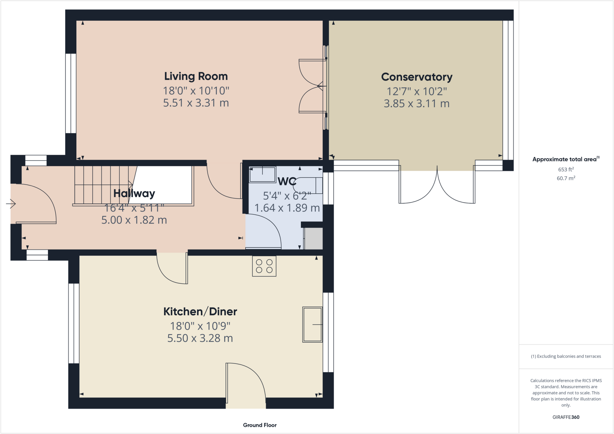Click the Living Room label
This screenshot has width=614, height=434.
point(196,76)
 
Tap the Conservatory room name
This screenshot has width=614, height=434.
point(416,77)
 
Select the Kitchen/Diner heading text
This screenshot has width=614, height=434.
point(200,312)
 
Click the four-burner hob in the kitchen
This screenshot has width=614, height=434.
point(264,266)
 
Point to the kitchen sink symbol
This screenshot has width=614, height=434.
point(312,324)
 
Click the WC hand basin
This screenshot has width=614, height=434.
point(262,174)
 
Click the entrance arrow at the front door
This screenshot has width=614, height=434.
point(11,204)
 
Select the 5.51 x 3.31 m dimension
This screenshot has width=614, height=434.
point(196,103)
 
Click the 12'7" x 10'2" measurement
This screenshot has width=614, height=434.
point(416,91)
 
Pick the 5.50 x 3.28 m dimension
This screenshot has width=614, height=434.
point(200,338)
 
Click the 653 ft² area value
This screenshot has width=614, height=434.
point(566,170)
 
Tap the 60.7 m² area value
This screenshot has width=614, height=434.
point(566,178)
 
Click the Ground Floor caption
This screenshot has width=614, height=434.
point(260,425)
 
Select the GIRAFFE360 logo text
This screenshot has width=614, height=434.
point(566,417)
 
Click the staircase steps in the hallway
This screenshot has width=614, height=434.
point(102,185)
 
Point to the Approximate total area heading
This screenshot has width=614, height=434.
point(565,159)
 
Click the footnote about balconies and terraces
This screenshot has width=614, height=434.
point(566,356)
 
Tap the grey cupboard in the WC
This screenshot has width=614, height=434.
point(314,238)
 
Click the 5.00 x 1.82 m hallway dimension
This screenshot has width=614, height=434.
point(134,220)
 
